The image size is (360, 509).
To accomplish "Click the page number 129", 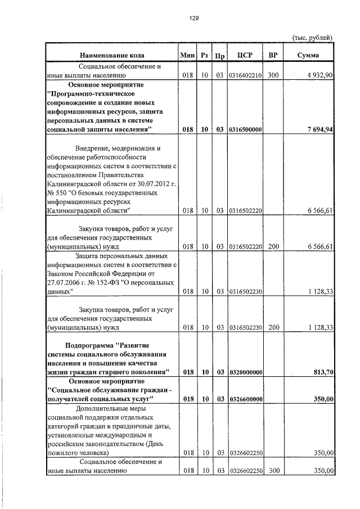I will (x=194, y=19).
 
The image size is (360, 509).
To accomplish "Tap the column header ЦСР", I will (x=245, y=55).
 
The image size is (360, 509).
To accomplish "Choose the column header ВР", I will (x=273, y=55).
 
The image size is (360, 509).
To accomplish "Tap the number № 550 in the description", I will (x=59, y=193).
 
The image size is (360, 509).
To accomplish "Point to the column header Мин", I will (x=187, y=55).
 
